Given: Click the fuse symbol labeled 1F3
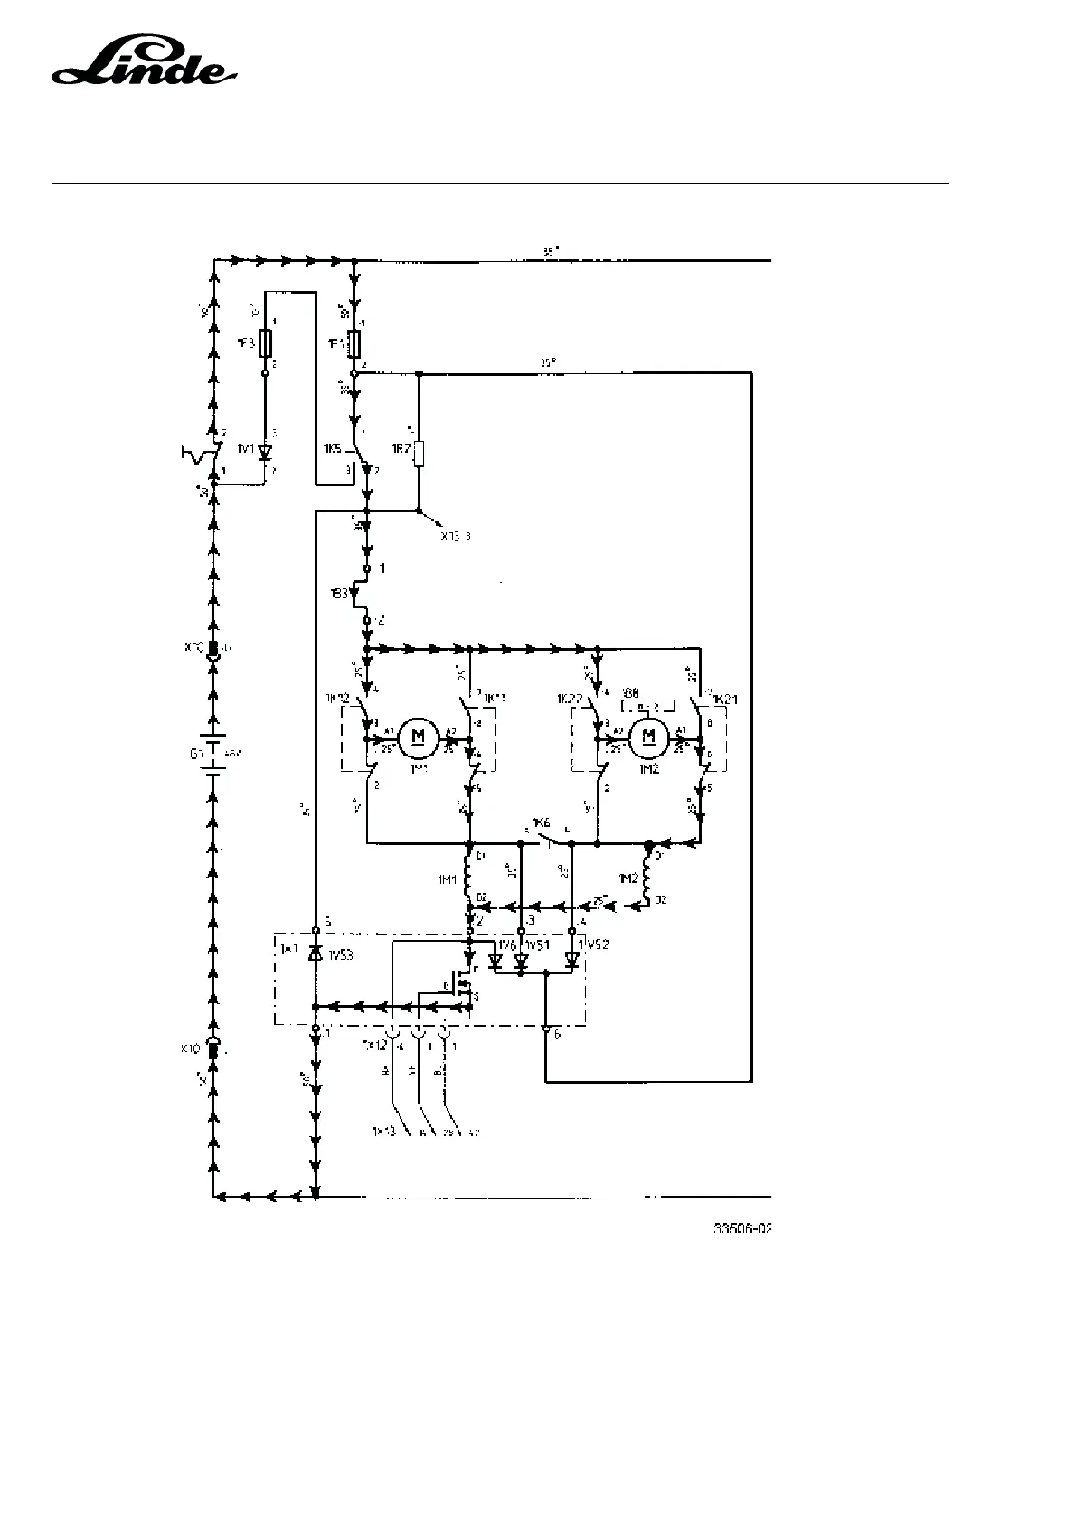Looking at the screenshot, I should point(265,343).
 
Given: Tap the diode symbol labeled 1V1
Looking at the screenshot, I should point(266,451).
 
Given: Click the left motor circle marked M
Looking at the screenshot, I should point(418,736).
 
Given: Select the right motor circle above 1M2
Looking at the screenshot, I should point(647,736).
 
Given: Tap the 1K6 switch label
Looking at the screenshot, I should point(541,823).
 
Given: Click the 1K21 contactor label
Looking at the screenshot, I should point(726,699).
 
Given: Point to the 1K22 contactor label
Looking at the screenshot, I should point(570,699).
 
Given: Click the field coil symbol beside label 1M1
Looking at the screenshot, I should point(469,875).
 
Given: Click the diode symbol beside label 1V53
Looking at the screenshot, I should point(315,953).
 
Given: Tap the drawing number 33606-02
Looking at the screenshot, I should point(744,1229).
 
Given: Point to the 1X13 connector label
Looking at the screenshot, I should point(383,1132).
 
